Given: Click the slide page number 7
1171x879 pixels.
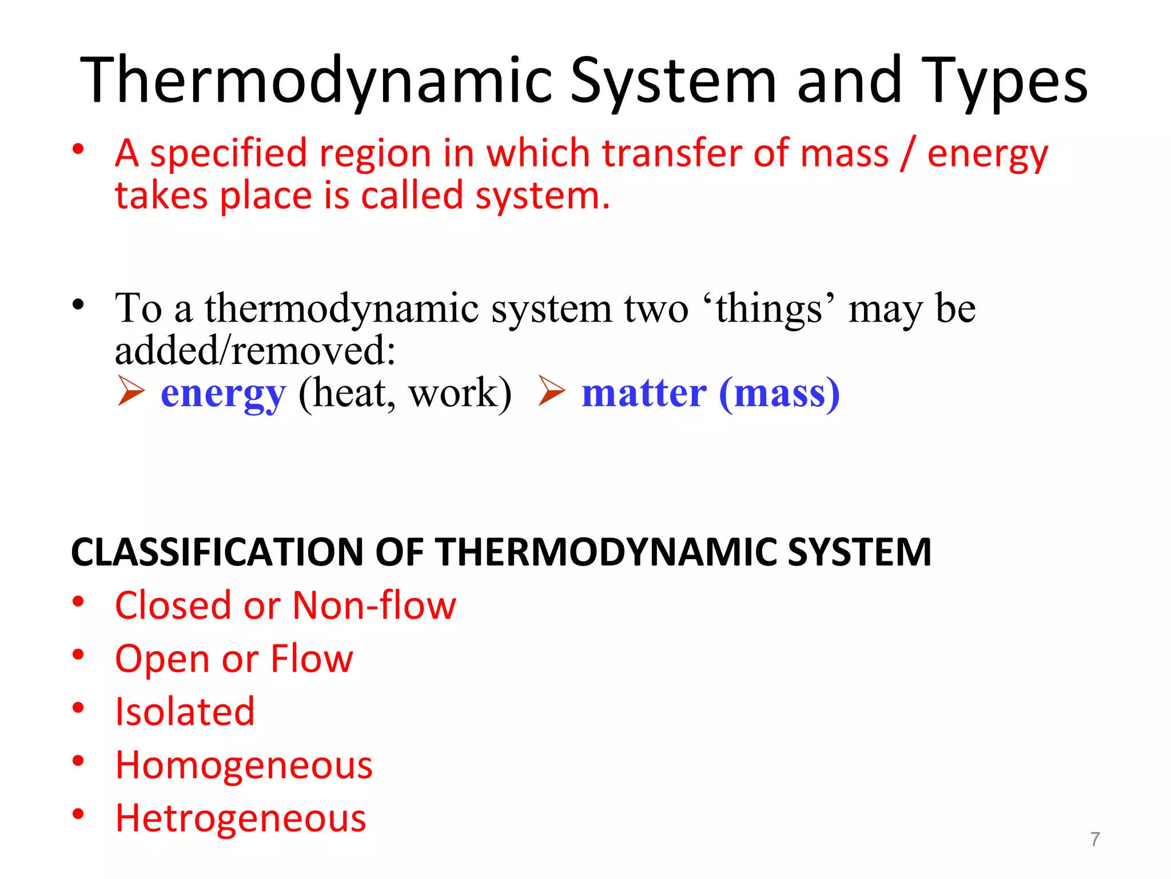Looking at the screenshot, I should (x=1094, y=839).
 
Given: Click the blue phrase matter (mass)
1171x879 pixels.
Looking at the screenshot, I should (x=711, y=394).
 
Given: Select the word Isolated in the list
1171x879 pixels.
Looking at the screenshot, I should (x=185, y=712).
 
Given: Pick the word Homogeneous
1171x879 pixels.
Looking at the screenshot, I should (x=244, y=765).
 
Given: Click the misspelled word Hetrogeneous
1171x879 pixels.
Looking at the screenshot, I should (x=240, y=818).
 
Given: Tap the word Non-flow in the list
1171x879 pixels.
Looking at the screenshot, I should (x=375, y=605).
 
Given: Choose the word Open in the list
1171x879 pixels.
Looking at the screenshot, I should (x=162, y=659).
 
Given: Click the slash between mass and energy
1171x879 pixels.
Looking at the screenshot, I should (x=907, y=155).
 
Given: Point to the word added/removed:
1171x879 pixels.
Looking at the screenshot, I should (x=255, y=350).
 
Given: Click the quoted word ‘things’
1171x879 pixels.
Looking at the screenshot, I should (x=770, y=309).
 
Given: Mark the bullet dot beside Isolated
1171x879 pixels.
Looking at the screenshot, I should (x=78, y=708).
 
